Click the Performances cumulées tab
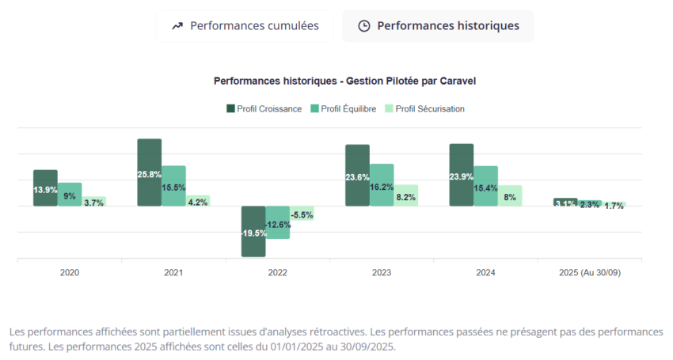click(245, 26)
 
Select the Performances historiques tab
click(438, 26)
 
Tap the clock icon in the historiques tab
click(364, 26)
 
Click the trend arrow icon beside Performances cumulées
click(177, 26)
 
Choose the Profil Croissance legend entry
click(264, 108)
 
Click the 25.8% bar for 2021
click(149, 172)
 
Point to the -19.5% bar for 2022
click(253, 231)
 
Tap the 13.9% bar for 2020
click(45, 188)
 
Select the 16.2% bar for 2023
click(382, 185)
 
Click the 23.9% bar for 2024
click(461, 175)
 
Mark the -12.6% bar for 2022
click(277, 222)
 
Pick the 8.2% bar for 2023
click(406, 196)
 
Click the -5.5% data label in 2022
click(302, 214)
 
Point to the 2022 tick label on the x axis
click(277, 272)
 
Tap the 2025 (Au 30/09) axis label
click(590, 272)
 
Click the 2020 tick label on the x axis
click(70, 272)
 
